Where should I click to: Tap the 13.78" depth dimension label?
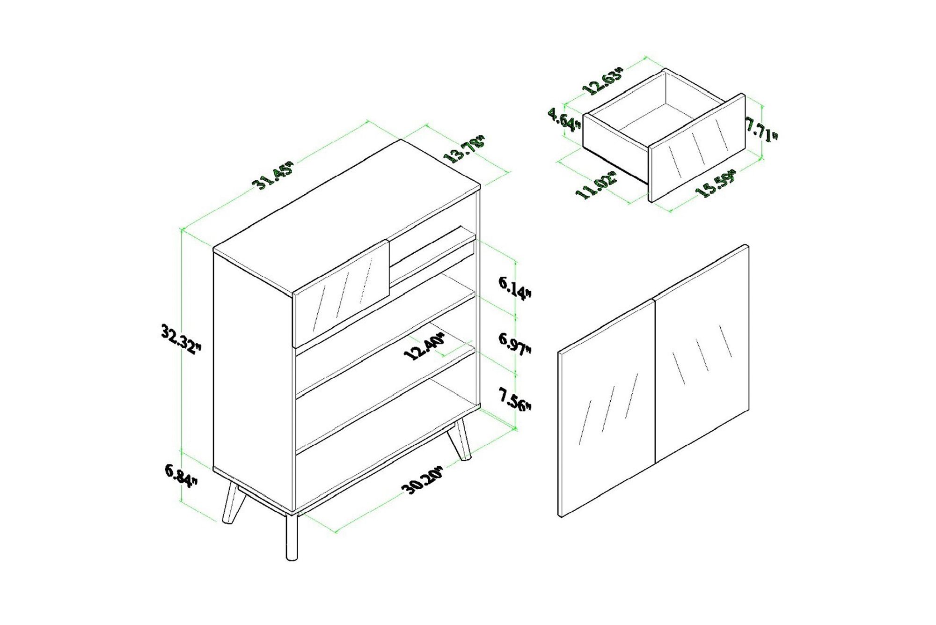tap(465, 149)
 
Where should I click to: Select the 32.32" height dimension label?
tap(181, 339)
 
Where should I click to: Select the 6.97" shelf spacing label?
tap(515, 344)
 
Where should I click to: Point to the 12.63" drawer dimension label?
tap(603, 81)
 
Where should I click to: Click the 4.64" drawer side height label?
tap(565, 119)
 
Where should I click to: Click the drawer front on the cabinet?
tap(341, 293)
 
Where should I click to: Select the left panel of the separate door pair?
tap(606, 408)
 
